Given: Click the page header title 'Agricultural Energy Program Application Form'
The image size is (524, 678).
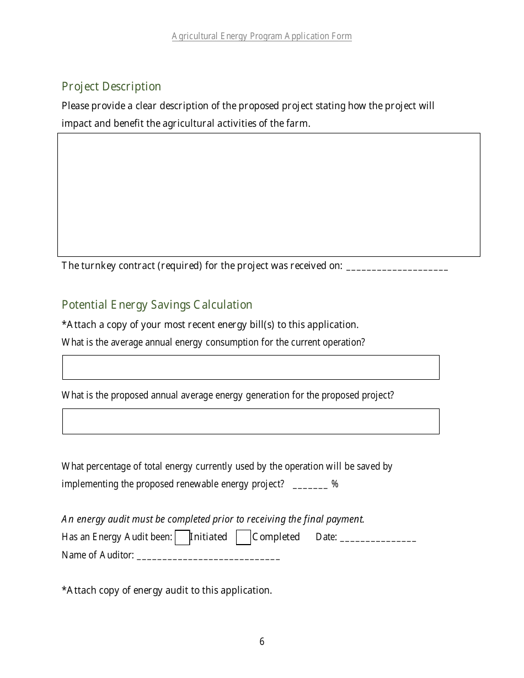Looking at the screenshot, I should tap(261, 36).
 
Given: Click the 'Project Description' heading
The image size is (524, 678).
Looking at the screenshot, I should tap(111, 87).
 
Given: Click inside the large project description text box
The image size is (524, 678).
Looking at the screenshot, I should tap(269, 195).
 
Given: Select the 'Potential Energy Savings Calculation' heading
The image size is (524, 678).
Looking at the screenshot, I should tap(157, 305).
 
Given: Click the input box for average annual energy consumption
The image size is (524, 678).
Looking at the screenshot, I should tap(250, 367).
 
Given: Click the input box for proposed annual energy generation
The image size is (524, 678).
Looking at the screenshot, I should tap(250, 421).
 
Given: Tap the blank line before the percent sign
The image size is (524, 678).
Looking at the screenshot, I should tap(310, 485).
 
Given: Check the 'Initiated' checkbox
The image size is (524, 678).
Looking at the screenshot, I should tap(182, 537).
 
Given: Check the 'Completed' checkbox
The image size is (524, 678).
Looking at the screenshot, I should tap(243, 537).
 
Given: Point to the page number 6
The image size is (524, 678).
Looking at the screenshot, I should tap(262, 642).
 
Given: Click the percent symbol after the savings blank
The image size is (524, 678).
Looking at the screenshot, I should tap(335, 485).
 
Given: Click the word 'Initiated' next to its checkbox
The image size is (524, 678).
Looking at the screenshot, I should tap(208, 537).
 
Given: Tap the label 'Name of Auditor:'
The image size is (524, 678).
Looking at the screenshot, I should tap(98, 555).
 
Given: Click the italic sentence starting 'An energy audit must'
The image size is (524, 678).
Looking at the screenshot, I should tap(213, 519).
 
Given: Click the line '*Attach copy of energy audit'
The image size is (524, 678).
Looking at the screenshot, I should tap(167, 590).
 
